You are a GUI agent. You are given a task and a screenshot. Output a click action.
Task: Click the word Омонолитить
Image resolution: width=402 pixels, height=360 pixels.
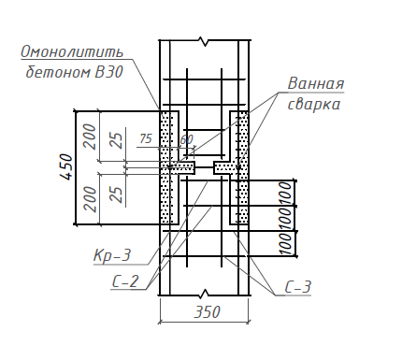click(72, 52)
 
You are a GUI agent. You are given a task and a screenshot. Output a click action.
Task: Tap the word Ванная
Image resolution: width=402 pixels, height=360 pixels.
click(316, 83)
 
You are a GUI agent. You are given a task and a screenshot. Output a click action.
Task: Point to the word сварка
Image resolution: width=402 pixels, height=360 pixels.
click(313, 105)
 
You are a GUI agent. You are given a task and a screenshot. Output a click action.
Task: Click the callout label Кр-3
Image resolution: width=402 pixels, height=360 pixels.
click(112, 256)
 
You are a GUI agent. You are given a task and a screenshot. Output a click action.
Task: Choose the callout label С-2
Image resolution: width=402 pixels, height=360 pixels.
click(125, 281)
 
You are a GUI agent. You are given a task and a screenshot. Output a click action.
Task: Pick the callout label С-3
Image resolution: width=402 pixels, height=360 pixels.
click(298, 287)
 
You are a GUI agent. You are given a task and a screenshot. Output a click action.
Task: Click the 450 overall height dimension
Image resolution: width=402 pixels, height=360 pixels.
click(66, 166)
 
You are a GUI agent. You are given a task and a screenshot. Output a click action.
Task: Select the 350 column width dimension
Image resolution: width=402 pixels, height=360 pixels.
click(207, 311)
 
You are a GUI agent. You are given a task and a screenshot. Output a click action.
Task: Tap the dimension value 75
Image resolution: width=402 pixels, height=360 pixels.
click(146, 138)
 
